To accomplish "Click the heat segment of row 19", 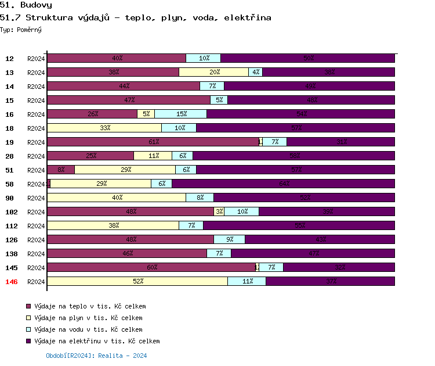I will click(x=153, y=142).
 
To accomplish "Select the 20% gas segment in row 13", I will click(x=213, y=72).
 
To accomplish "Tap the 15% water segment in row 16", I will click(x=180, y=114).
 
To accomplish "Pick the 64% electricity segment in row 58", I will click(x=284, y=184).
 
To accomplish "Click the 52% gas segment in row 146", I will click(x=137, y=281).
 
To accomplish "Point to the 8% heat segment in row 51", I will click(x=61, y=170).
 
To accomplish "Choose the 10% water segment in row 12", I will click(x=204, y=58).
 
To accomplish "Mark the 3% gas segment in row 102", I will click(x=219, y=211).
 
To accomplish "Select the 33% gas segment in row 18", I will click(x=104, y=128).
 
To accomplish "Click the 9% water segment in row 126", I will click(x=230, y=239).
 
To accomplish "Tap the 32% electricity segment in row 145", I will click(x=339, y=267).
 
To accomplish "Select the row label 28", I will click(x=10, y=156).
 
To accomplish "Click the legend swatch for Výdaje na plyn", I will click(x=28, y=318).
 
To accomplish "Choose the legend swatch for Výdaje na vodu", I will click(x=28, y=329).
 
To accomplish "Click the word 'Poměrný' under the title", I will click(x=29, y=29).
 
